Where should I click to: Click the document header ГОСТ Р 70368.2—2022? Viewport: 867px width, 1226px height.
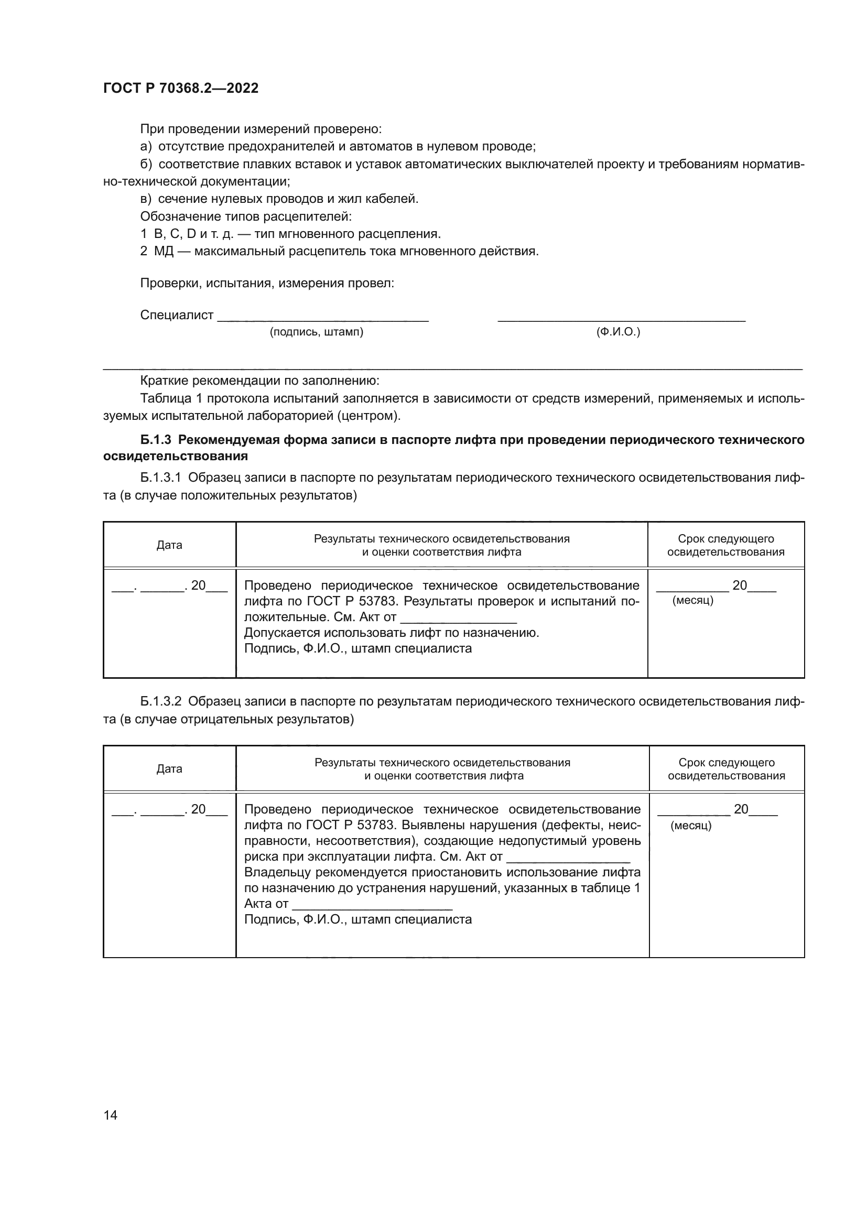tap(180, 88)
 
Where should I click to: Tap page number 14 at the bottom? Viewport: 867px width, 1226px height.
tap(111, 1115)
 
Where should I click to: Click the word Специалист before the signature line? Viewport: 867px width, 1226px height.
tap(177, 315)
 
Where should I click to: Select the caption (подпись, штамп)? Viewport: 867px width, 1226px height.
tap(316, 332)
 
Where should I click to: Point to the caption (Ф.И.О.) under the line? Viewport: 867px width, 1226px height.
tap(617, 332)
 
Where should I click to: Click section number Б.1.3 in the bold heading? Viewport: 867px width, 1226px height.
tap(155, 439)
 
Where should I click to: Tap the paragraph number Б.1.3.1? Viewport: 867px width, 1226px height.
tap(161, 478)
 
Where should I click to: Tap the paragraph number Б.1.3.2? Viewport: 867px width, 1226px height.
tap(161, 701)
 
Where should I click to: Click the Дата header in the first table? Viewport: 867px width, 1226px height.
tap(169, 545)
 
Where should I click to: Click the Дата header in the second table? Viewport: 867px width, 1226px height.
tap(169, 769)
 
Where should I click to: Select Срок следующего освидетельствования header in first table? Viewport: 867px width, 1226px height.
tap(725, 545)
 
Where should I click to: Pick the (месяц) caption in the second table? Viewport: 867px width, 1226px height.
tap(691, 826)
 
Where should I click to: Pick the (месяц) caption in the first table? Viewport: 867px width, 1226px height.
tap(692, 600)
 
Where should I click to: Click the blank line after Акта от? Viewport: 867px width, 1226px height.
tap(373, 904)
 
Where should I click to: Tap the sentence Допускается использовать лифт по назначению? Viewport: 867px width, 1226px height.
tap(392, 633)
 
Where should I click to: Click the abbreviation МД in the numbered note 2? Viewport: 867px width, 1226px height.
tap(164, 251)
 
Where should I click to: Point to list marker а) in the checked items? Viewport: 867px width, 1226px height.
tap(146, 146)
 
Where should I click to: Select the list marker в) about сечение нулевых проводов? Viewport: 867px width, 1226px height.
tap(146, 199)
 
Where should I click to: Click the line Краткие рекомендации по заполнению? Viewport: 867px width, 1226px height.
tap(259, 381)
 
